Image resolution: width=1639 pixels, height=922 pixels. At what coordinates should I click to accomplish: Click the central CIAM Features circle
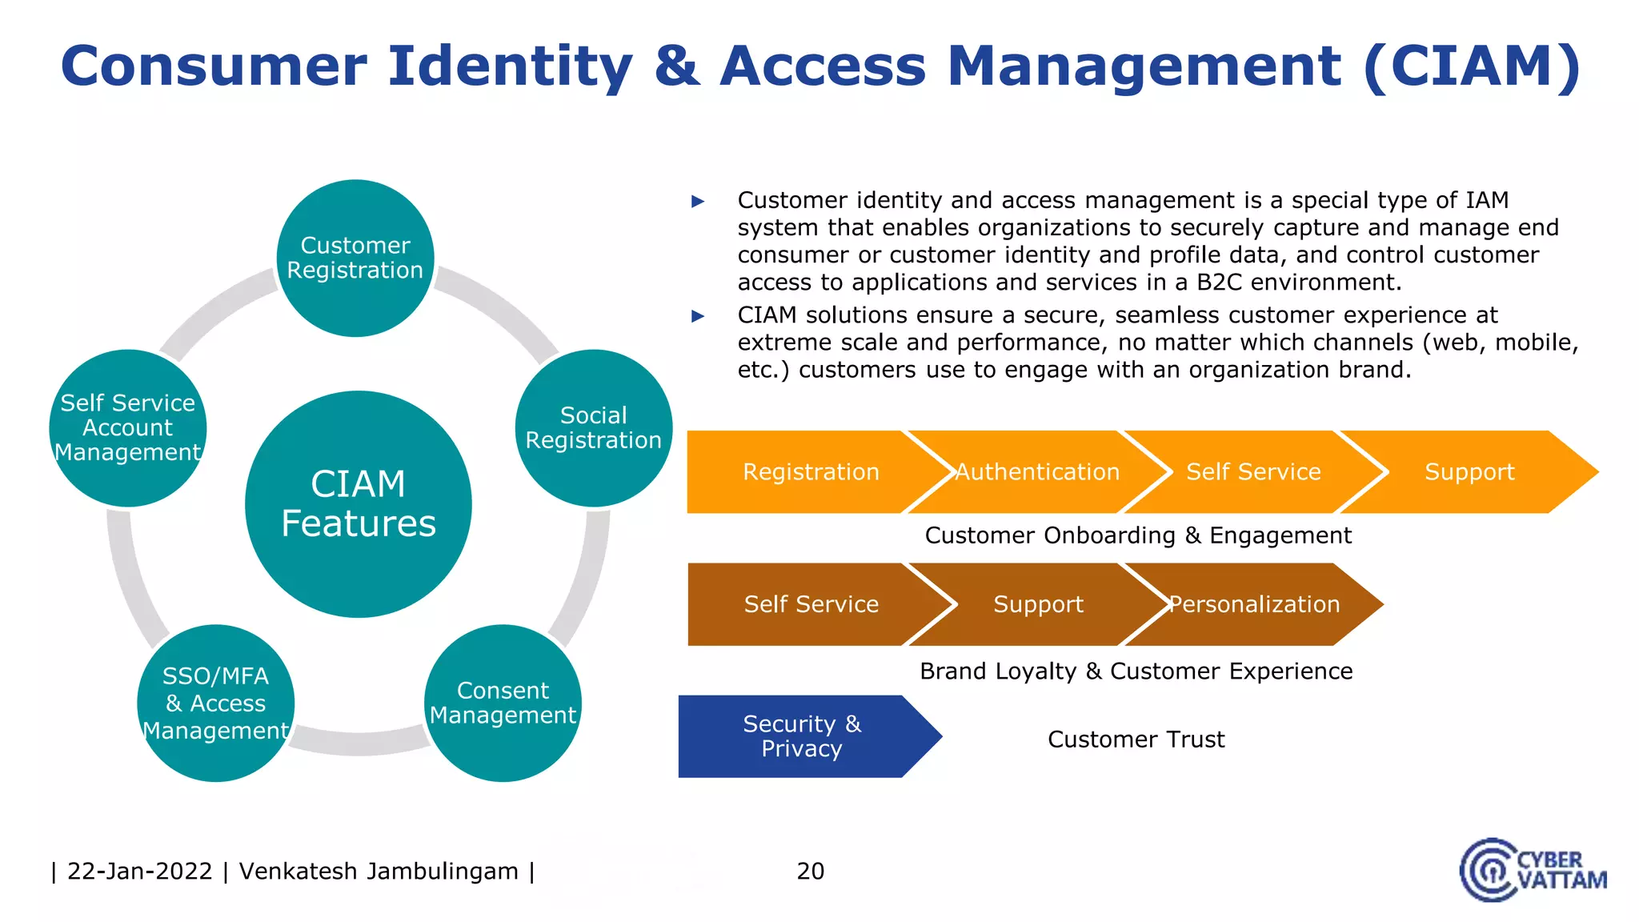coord(358,504)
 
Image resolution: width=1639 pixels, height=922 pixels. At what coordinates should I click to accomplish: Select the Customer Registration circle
coord(355,258)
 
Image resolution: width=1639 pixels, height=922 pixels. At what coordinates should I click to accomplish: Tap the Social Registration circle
coord(593,428)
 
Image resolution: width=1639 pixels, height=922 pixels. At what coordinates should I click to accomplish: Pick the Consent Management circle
coord(503,703)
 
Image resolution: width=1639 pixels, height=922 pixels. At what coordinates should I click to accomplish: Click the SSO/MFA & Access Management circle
coord(215,703)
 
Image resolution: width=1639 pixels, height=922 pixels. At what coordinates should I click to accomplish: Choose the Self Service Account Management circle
coord(128,428)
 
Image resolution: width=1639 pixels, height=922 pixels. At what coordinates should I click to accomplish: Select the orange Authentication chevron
coord(1037,472)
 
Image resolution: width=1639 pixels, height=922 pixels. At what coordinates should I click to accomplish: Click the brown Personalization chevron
coord(1254,604)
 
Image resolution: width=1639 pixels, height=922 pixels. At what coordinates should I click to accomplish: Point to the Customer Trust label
coord(1136,740)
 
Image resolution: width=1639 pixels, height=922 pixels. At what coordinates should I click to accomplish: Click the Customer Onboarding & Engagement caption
coord(1137,535)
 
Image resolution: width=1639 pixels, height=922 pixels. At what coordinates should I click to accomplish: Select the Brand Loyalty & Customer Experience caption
coord(1136,671)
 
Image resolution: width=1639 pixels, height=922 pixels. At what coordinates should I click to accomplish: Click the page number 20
coord(810,871)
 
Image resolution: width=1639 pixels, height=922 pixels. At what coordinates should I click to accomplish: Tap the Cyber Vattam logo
coord(1533,871)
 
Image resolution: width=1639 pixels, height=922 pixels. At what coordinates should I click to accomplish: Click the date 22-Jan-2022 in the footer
coord(139,871)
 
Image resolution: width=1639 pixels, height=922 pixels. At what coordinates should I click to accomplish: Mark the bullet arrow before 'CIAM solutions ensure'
coord(698,316)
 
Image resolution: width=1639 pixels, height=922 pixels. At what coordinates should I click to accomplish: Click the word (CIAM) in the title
coord(1472,66)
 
